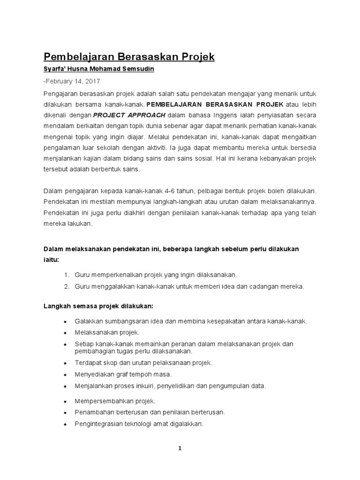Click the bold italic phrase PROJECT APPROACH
coord(129,115)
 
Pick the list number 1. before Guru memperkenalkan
coord(66,275)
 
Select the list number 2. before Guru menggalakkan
coord(66,286)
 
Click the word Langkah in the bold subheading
coord(57,306)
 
